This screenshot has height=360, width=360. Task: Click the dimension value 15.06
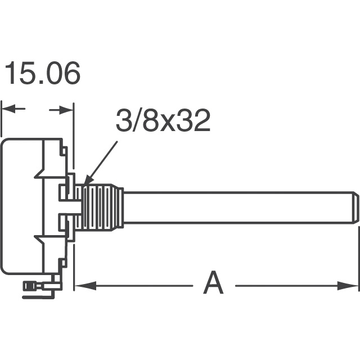tap(42, 74)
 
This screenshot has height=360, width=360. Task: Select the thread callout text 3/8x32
tap(163, 121)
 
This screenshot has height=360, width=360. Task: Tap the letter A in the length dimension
tap(213, 283)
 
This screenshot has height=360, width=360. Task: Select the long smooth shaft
tap(236, 207)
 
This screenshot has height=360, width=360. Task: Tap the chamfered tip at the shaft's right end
tap(355, 207)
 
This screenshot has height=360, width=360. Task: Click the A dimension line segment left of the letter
tap(141, 286)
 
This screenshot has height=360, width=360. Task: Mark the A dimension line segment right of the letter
tap(287, 286)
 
